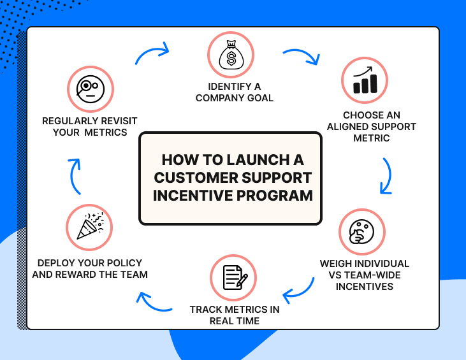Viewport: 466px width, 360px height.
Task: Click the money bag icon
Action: [x=231, y=56]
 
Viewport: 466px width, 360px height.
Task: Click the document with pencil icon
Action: [x=233, y=277]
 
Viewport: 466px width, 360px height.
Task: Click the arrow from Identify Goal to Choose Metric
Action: [x=301, y=56]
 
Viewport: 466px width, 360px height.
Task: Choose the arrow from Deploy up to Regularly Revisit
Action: [x=75, y=175]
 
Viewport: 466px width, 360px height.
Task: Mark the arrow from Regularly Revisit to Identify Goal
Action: [x=153, y=54]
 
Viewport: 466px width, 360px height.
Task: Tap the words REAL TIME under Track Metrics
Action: [x=235, y=320]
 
